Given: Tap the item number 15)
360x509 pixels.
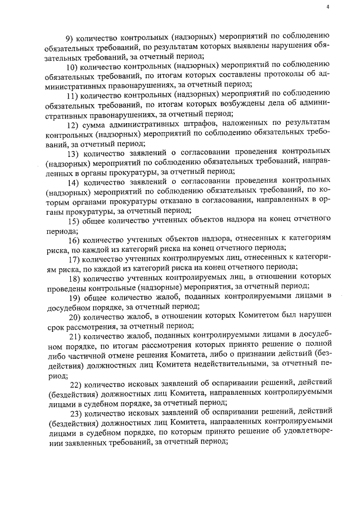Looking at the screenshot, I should tap(74, 220).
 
